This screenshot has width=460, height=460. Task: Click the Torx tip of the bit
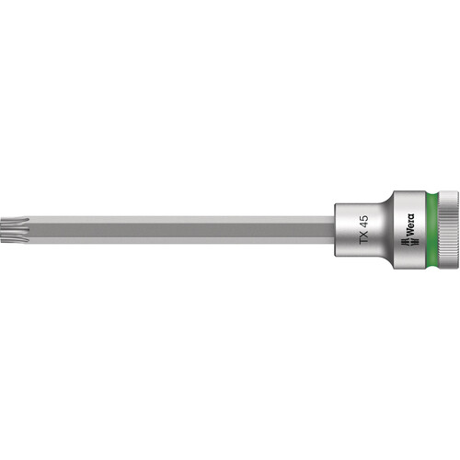coord(14,230)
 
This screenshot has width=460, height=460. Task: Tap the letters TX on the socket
coord(364,237)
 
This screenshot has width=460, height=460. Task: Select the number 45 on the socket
coord(364,222)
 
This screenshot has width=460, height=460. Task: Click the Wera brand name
coord(409,225)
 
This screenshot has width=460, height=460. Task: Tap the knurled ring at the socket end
coord(449,230)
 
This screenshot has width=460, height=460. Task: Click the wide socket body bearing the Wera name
coord(407,230)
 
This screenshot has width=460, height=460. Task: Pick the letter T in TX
coord(364,241)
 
